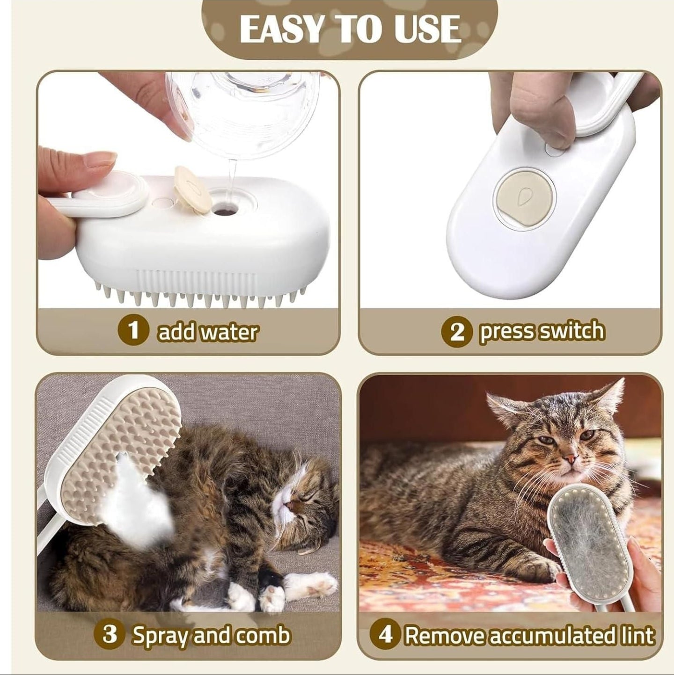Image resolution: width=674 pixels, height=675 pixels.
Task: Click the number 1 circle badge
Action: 134,331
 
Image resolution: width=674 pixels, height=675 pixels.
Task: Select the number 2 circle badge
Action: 457,332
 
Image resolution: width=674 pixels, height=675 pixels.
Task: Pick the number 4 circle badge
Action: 385,635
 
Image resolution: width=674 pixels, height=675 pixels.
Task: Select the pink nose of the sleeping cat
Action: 291,505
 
